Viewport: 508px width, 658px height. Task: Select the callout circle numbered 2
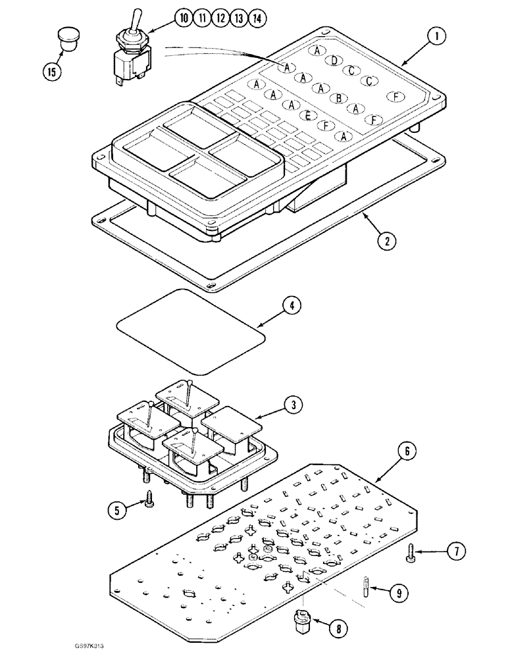point(388,240)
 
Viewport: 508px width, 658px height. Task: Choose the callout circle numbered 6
point(406,451)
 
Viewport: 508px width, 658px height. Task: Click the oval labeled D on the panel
point(334,61)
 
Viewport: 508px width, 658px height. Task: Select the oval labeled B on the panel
point(339,98)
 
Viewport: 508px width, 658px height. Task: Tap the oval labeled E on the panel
point(307,115)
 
